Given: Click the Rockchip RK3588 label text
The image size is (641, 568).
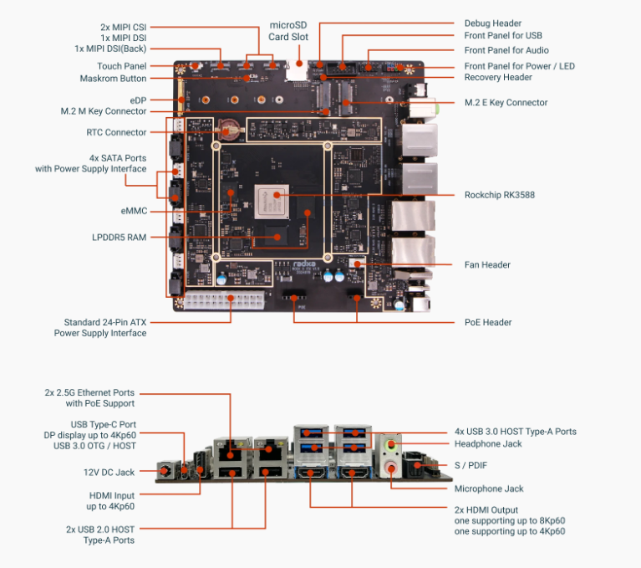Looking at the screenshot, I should (x=499, y=195).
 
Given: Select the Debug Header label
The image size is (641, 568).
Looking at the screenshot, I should (x=492, y=23).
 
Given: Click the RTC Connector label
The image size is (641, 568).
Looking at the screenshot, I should (x=116, y=132).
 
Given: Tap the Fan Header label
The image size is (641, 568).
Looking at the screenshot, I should (x=486, y=265).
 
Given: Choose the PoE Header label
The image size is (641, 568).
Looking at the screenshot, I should (x=488, y=322).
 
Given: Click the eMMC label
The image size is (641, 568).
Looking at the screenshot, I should (x=134, y=211).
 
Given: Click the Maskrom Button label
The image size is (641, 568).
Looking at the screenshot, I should (x=113, y=79).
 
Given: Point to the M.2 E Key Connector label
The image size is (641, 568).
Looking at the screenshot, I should (x=506, y=103).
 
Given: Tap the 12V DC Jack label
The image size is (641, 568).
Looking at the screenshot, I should (x=109, y=473).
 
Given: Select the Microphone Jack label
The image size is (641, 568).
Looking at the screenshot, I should (x=490, y=489).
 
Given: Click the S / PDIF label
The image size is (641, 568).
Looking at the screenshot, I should (x=473, y=465).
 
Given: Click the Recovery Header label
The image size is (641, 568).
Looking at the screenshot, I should (x=498, y=78).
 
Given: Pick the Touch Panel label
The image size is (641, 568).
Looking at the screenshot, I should (x=121, y=66).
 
